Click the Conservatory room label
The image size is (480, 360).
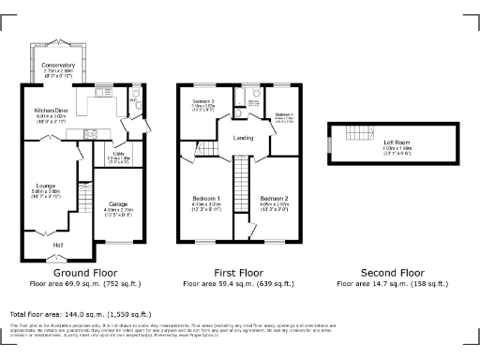pos(65,65)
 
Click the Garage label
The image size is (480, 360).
pos(117,203)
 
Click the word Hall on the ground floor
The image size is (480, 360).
pos(57,245)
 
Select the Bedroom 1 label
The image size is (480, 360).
pos(205,199)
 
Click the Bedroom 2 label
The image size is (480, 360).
pos(274,199)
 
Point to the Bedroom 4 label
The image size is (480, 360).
pos(284,114)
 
